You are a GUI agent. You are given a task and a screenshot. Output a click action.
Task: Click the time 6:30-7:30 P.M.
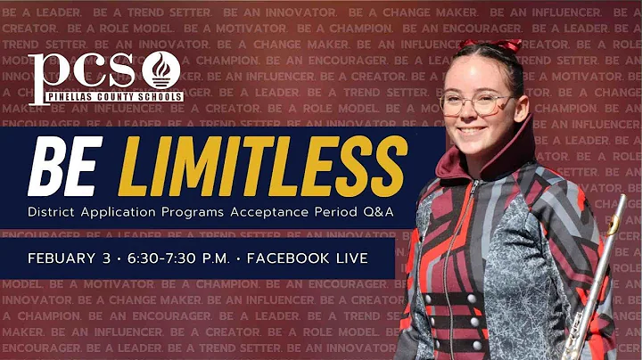(x=177, y=258)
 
